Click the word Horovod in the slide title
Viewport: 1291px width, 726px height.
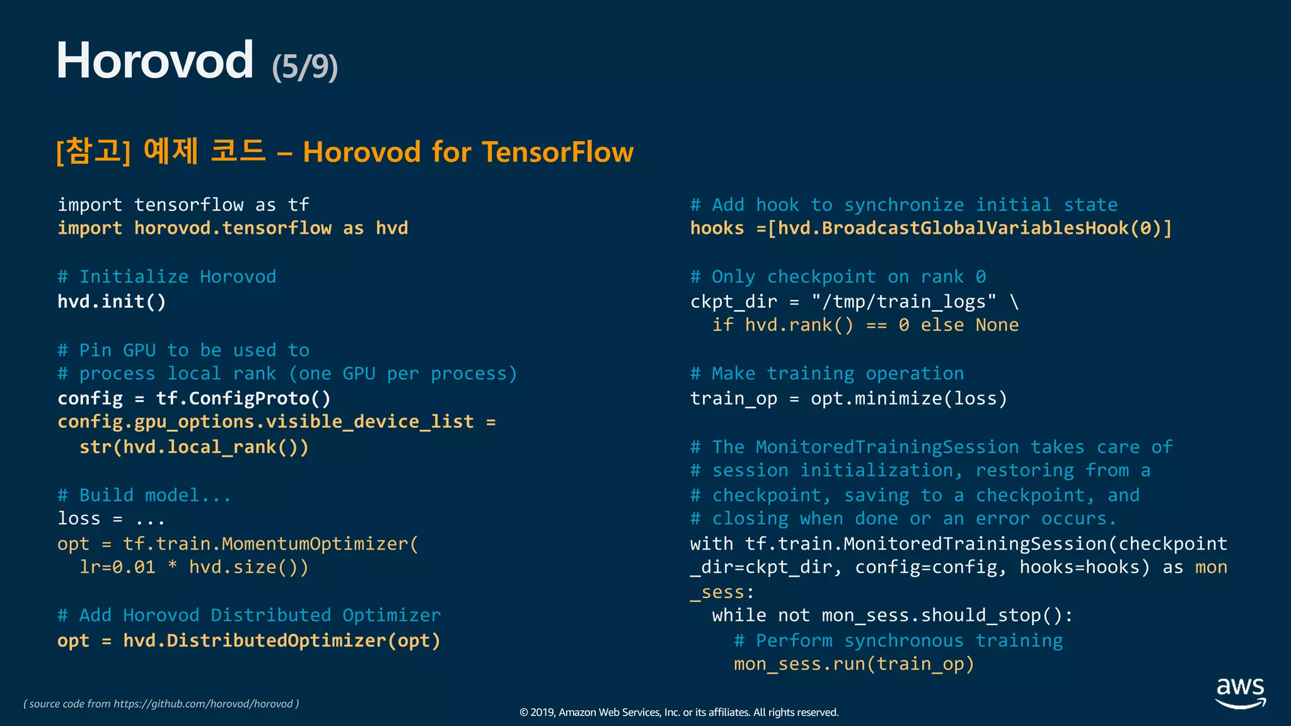pyautogui.click(x=154, y=60)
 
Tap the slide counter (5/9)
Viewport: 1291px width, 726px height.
pyautogui.click(x=305, y=66)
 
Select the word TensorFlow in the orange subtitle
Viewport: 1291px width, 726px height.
pyautogui.click(x=558, y=152)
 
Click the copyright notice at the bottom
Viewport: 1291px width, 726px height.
pyautogui.click(x=679, y=712)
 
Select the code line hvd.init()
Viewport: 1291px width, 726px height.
pyautogui.click(x=112, y=302)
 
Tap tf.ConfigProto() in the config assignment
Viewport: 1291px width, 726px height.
pyautogui.click(x=243, y=398)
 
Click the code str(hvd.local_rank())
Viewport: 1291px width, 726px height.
pyautogui.click(x=194, y=447)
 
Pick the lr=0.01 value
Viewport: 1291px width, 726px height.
pyautogui.click(x=117, y=567)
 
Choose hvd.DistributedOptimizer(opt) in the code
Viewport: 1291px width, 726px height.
pyautogui.click(x=281, y=641)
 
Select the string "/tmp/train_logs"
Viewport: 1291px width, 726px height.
pyautogui.click(x=904, y=302)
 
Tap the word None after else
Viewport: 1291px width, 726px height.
pyautogui.click(x=997, y=325)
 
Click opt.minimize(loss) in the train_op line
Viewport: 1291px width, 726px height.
pyautogui.click(x=908, y=398)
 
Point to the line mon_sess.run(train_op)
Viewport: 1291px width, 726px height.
pyautogui.click(x=854, y=664)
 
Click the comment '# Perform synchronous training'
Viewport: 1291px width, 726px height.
pyautogui.click(x=898, y=641)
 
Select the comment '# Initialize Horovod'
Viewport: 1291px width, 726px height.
pyautogui.click(x=166, y=277)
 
